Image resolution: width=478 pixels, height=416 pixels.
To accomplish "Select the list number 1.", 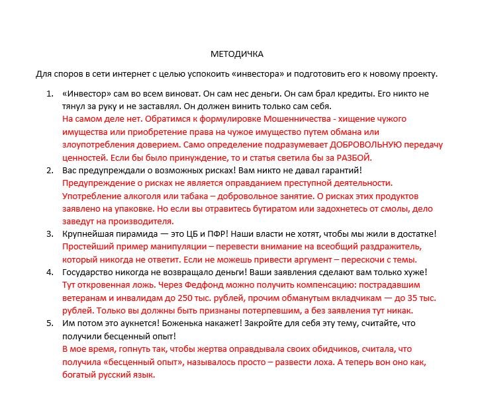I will (x=50, y=95).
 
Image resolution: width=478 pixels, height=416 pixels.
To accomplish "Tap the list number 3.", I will (x=50, y=234).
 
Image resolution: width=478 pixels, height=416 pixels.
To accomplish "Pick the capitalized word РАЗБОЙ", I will (x=356, y=157).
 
